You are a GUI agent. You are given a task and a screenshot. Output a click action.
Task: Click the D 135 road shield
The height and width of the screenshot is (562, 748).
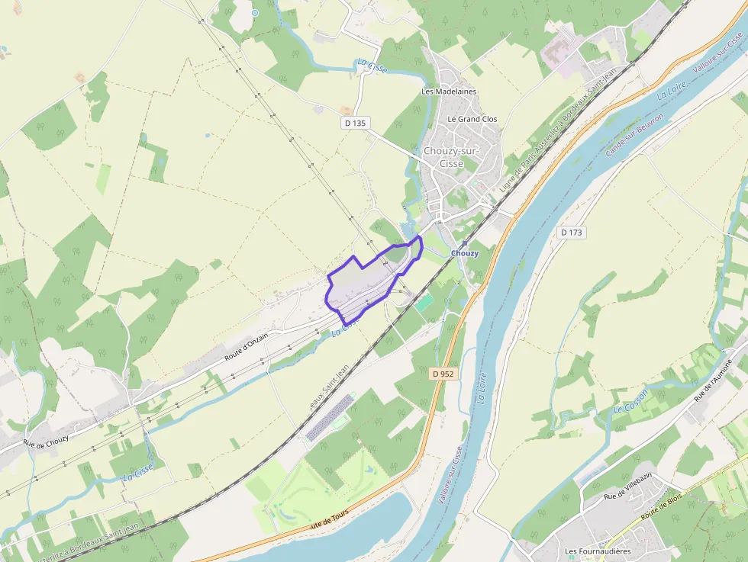click(x=355, y=122)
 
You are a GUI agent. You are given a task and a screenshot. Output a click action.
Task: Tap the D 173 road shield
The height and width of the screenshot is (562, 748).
click(x=572, y=233)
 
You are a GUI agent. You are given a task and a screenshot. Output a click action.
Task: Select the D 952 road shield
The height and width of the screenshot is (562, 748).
click(x=442, y=374)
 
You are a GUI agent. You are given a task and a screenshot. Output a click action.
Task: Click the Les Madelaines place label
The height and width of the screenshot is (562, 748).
click(x=449, y=92)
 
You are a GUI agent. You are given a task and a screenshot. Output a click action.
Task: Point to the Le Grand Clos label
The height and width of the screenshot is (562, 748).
click(x=472, y=119)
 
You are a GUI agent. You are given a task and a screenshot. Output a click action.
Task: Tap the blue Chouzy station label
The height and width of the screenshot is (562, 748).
click(x=465, y=253)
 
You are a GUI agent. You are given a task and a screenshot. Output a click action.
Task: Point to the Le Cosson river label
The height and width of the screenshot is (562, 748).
click(x=630, y=401)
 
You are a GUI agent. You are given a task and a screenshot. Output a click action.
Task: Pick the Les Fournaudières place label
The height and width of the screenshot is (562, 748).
click(x=598, y=551)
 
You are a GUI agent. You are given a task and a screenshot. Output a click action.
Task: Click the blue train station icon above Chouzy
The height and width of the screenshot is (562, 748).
click(x=463, y=243)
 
